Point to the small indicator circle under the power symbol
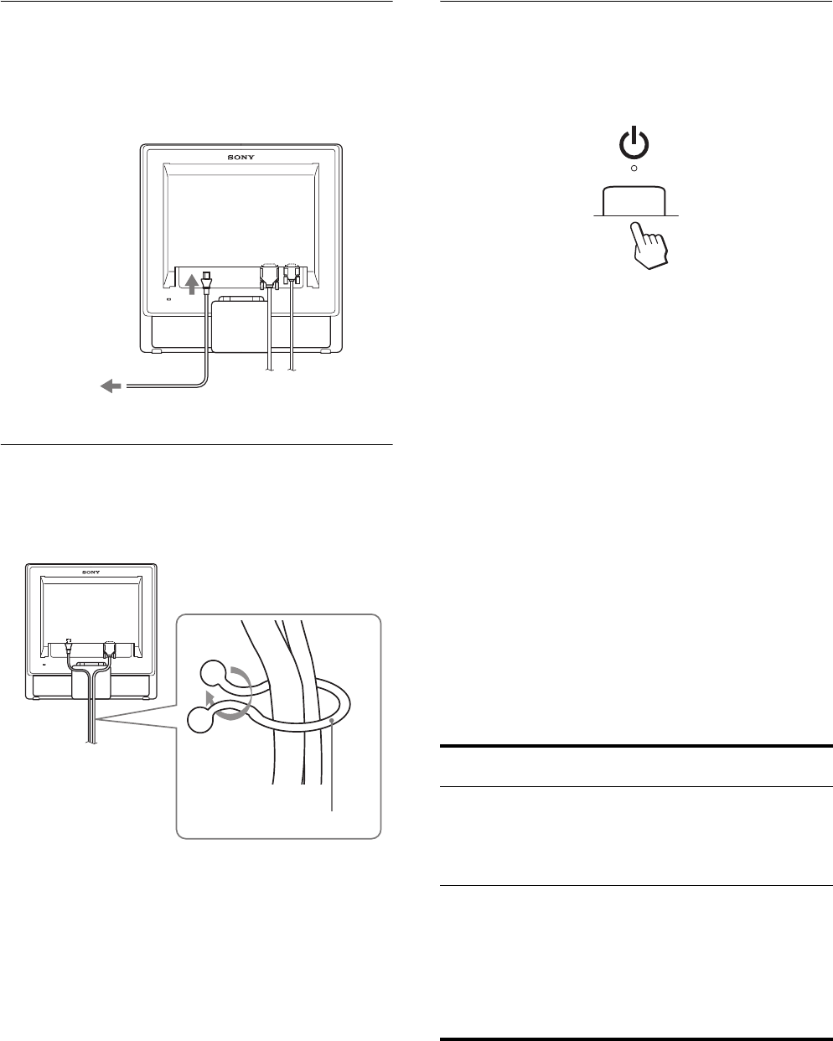634,168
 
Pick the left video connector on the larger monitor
269,277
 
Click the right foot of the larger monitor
324,351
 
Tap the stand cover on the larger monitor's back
238,327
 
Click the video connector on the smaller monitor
108,646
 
